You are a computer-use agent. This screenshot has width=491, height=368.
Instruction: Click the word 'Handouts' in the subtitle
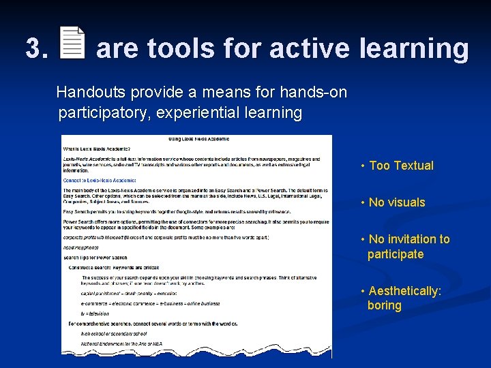(x=91, y=92)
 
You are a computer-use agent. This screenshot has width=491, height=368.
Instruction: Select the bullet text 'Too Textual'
(x=401, y=166)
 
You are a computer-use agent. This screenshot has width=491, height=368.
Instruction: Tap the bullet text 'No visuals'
(x=396, y=202)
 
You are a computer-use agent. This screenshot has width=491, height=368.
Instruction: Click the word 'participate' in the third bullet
(x=396, y=254)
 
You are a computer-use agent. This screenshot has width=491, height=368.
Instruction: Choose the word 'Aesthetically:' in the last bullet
(x=405, y=291)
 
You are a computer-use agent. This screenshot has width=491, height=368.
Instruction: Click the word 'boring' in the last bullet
(x=385, y=305)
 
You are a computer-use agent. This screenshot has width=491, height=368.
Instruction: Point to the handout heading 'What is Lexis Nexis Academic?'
(x=96, y=149)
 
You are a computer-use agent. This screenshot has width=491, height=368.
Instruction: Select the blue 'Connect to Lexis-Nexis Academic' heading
(x=103, y=180)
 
